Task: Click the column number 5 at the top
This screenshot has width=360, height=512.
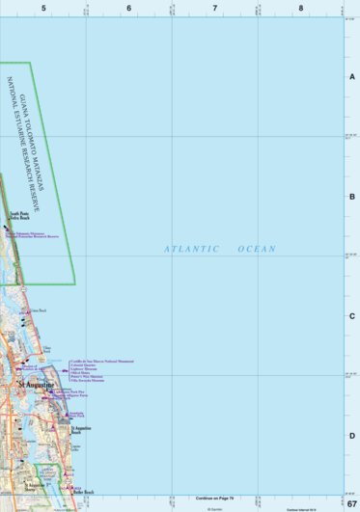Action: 43,8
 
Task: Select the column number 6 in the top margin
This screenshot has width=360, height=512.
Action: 129,8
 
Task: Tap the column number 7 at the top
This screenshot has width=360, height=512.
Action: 215,8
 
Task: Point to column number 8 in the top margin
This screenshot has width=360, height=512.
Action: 301,8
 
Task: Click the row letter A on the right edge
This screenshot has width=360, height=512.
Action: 352,77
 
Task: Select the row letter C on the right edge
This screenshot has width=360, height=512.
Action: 352,316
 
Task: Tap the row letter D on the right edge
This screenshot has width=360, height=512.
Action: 352,436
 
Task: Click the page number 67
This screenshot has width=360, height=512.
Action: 352,505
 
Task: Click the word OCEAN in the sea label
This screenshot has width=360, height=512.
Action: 256,249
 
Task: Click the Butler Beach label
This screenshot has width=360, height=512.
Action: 83,493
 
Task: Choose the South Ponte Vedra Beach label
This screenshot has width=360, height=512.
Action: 19,216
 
